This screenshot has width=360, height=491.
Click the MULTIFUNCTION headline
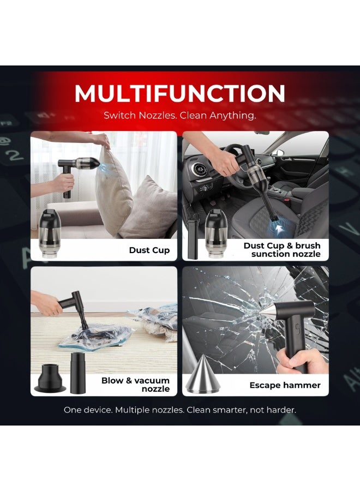[179, 93]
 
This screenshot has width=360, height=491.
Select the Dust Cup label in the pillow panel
[149, 250]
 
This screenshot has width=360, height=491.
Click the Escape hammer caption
[285, 385]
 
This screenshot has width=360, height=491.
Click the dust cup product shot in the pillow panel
[48, 235]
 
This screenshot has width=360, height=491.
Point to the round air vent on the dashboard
[199, 171]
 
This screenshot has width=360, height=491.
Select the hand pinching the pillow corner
[100, 140]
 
